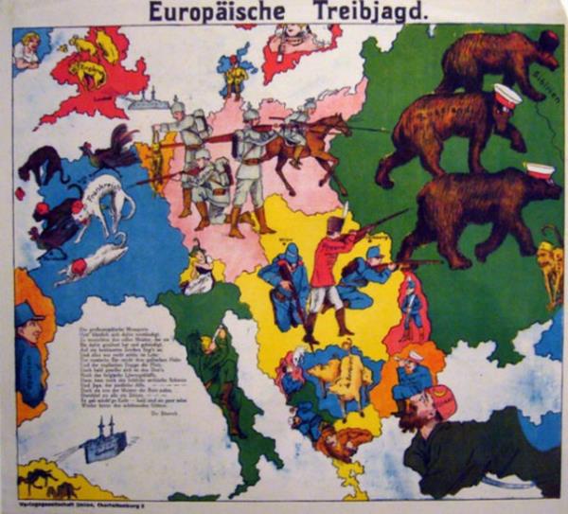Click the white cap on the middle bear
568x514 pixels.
[507, 95]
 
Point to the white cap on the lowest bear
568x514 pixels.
[539, 171]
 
